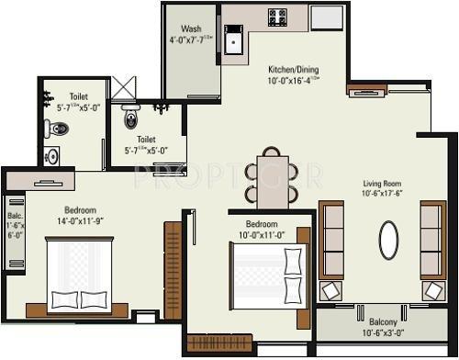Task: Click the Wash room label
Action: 192,28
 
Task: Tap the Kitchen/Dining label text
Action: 295,69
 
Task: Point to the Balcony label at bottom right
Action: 384,322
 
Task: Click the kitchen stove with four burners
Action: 277,17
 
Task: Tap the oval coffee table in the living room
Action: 389,242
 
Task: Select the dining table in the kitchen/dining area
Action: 273,180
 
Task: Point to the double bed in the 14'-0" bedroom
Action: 79,274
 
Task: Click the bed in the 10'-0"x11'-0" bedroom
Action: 266,277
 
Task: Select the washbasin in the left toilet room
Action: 52,154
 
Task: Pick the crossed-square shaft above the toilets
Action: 122,88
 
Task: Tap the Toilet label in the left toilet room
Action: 79,96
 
